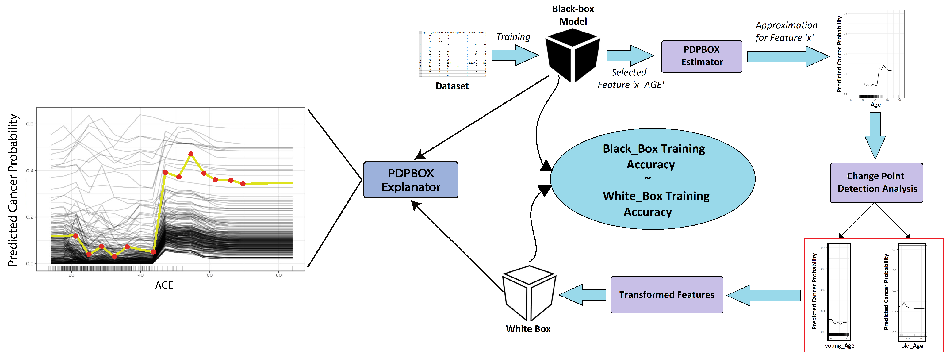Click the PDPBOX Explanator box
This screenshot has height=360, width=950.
[x=411, y=180]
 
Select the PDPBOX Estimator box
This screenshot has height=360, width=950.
[x=701, y=56]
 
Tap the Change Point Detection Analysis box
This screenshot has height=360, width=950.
[x=876, y=182]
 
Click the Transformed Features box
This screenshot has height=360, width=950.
[x=666, y=295]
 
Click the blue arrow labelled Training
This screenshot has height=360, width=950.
[x=515, y=55]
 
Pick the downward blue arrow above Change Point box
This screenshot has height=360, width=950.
[x=875, y=135]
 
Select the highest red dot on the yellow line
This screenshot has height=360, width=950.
[x=191, y=154]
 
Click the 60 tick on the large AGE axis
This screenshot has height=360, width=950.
[x=209, y=275]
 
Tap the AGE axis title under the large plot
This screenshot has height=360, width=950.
[x=164, y=285]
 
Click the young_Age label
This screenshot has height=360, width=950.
[x=839, y=346]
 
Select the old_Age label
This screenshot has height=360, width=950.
[x=912, y=346]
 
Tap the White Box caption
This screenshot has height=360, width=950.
[x=528, y=329]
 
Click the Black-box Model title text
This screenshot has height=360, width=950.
[x=573, y=15]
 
